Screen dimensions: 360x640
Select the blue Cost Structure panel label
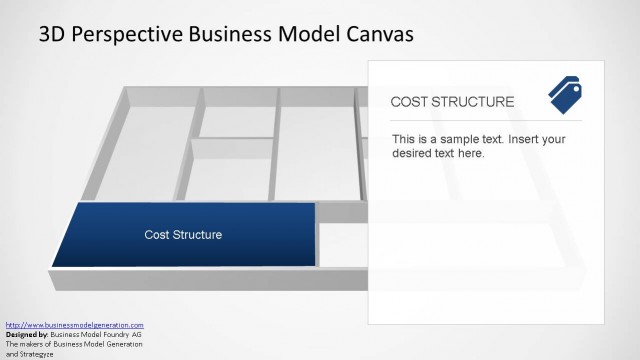(x=183, y=235)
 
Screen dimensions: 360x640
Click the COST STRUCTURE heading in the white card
(x=452, y=102)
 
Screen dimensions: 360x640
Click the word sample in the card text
(x=466, y=139)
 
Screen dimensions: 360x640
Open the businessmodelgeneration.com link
(x=75, y=325)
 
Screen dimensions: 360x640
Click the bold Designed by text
(x=27, y=334)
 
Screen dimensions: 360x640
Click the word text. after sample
(x=498, y=139)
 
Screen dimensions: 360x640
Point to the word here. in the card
(x=470, y=154)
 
